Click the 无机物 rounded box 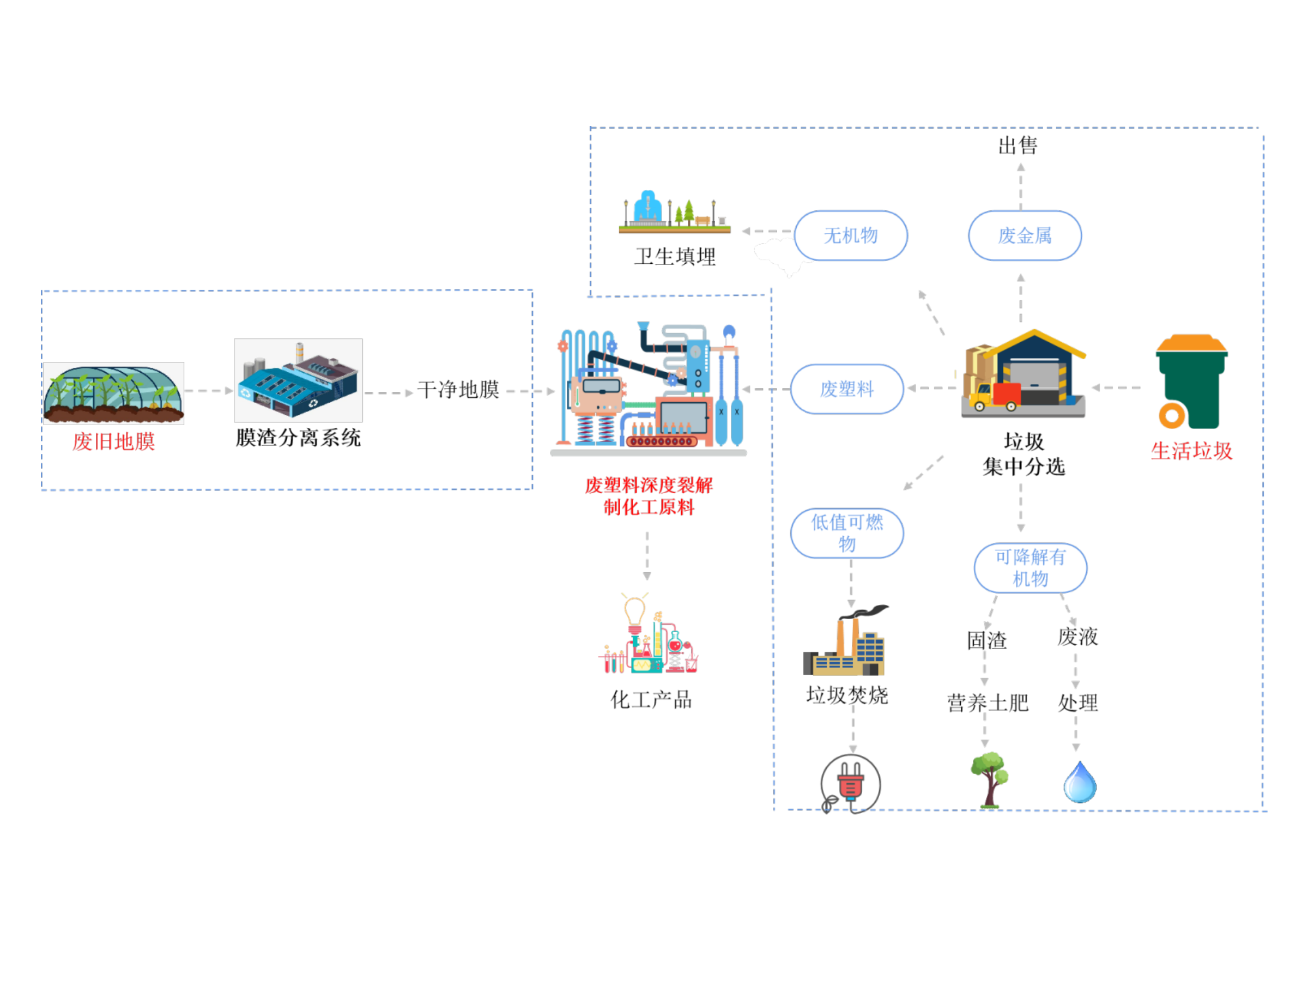click(x=850, y=235)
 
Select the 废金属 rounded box click(x=1025, y=235)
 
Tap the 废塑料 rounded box click(x=847, y=389)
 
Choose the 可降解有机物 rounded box click(x=1030, y=568)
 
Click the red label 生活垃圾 click(x=1191, y=451)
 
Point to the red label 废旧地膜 click(x=113, y=441)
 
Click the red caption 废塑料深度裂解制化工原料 click(x=649, y=496)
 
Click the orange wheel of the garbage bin click(x=1171, y=415)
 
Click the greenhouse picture click(x=113, y=393)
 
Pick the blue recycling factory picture click(x=298, y=380)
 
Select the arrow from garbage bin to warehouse click(x=1116, y=388)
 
